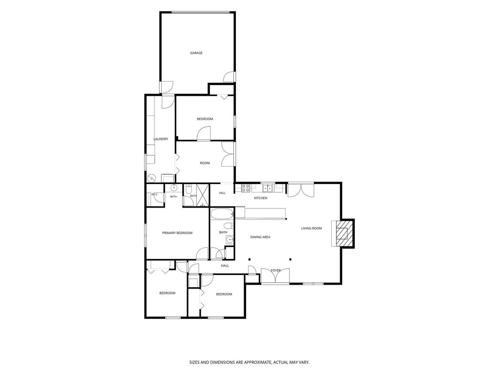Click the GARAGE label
click(196, 53)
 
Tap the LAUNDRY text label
click(161, 139)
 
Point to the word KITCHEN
click(260, 198)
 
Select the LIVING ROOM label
click(311, 229)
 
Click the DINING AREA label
click(260, 237)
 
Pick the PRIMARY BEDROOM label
click(177, 233)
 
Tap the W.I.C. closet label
click(154, 194)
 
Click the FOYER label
click(276, 271)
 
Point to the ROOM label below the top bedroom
click(205, 163)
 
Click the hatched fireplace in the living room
click(343, 234)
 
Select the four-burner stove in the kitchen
click(246, 188)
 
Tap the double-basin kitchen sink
click(268, 187)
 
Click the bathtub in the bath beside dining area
click(222, 214)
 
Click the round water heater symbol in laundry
click(152, 178)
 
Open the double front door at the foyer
click(275, 276)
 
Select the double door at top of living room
click(301, 190)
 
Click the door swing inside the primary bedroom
click(202, 254)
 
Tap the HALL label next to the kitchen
click(222, 193)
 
